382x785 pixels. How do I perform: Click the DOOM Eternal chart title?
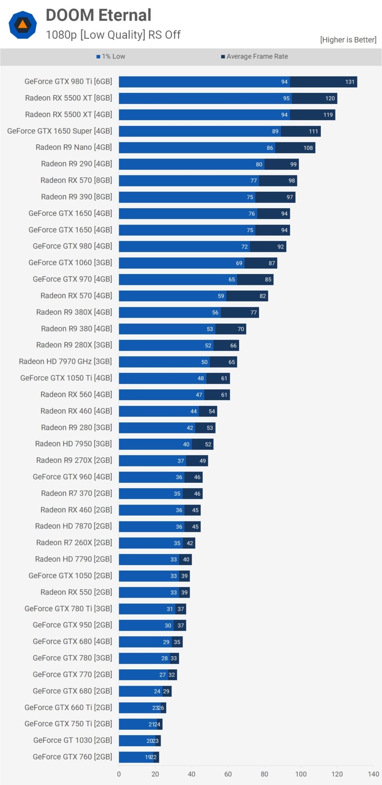click(x=98, y=15)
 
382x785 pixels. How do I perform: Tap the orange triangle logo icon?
click(x=23, y=25)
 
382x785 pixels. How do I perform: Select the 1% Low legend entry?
click(x=111, y=56)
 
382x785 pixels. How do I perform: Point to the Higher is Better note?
click(x=348, y=40)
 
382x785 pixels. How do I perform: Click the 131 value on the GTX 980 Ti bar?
click(x=350, y=82)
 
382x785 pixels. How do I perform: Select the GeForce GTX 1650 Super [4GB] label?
click(x=60, y=131)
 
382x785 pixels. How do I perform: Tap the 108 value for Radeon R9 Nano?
click(x=308, y=148)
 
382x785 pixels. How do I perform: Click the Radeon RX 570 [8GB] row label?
click(x=76, y=180)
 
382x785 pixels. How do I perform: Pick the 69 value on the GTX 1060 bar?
click(x=239, y=263)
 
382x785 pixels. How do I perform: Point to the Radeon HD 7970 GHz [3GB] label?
click(x=65, y=361)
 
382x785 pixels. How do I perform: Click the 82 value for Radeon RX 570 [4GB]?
click(x=263, y=296)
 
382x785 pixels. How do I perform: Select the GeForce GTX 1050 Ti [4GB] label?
click(x=66, y=378)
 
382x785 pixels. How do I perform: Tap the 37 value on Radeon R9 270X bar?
click(x=181, y=461)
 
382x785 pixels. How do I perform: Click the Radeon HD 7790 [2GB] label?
click(x=74, y=559)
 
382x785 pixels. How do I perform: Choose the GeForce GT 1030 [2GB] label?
click(x=73, y=740)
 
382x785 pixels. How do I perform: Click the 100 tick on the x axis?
click(x=301, y=774)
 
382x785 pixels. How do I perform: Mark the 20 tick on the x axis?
click(x=155, y=774)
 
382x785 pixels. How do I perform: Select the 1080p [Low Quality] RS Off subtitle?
click(x=113, y=35)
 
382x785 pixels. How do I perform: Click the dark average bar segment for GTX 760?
click(x=156, y=757)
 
